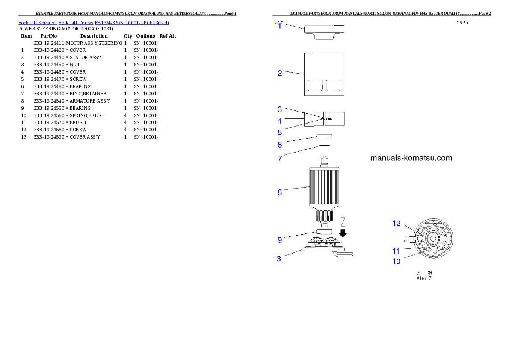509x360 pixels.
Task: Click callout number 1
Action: click(x=280, y=26)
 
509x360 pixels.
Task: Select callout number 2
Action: click(x=280, y=73)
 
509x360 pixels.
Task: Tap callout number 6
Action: click(x=280, y=145)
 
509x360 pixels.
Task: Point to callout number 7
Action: click(x=280, y=158)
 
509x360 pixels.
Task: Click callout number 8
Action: click(x=280, y=192)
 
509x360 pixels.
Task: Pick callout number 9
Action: click(x=280, y=240)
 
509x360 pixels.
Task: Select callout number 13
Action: click(x=277, y=259)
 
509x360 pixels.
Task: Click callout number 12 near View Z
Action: click(x=397, y=224)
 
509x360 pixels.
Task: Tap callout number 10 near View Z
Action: click(x=397, y=261)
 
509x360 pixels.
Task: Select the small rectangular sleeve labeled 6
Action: click(x=324, y=136)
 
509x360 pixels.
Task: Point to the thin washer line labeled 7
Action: click(x=324, y=145)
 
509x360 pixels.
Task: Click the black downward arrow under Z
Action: click(x=343, y=233)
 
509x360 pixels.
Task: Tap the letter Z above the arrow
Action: click(x=343, y=222)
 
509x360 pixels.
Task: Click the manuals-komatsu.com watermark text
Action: click(x=411, y=158)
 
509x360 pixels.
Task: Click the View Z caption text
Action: click(x=424, y=278)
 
